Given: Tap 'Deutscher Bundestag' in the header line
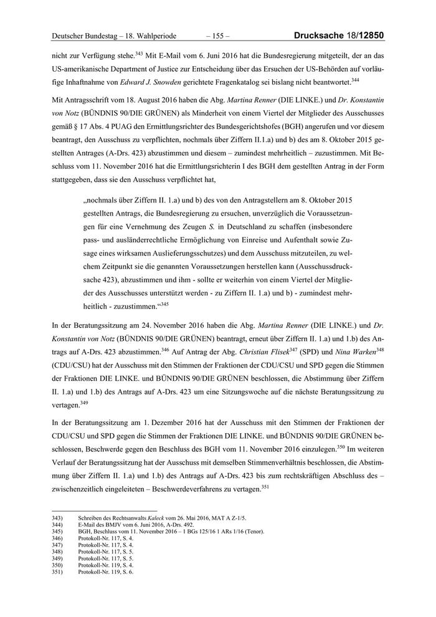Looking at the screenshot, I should coord(84,37).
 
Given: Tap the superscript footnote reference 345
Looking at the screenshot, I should coord(164,304).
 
